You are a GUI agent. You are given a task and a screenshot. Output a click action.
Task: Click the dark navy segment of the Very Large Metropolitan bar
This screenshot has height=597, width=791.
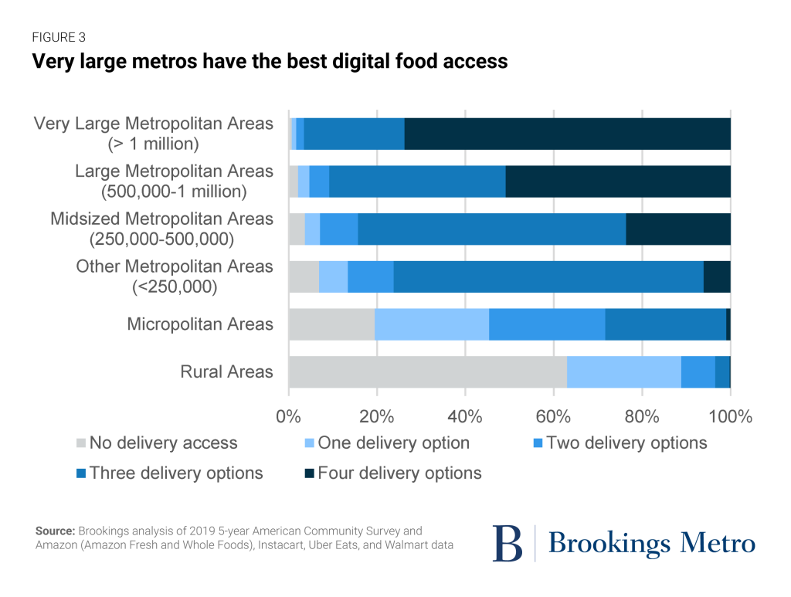[567, 134]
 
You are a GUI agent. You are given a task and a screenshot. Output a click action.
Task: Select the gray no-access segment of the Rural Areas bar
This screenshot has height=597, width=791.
[427, 372]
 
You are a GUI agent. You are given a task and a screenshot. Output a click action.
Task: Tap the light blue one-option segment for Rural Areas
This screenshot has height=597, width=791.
[624, 372]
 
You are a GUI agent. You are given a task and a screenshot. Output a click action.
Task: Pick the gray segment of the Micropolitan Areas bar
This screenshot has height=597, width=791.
[331, 324]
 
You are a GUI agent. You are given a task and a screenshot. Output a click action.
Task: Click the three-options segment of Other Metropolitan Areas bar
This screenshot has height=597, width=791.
[548, 276]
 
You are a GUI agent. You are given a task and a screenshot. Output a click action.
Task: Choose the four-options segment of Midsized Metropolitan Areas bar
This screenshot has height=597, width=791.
[678, 229]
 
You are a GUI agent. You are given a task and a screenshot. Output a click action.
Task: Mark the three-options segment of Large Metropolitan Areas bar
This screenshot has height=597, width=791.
[417, 181]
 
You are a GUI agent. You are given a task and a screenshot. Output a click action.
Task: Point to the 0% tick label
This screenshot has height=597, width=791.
[288, 417]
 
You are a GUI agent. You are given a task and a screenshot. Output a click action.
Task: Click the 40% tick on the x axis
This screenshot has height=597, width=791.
[465, 417]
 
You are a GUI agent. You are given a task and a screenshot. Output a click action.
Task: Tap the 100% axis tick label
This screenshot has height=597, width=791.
[730, 417]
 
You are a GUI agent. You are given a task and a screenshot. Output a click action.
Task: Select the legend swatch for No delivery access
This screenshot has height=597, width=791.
[80, 443]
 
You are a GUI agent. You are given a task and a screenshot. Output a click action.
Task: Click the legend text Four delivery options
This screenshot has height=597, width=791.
[399, 473]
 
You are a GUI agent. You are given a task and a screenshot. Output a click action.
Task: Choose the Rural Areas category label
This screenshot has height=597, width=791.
[226, 371]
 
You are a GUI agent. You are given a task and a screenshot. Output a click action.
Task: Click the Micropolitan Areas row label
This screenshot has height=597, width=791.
[200, 324]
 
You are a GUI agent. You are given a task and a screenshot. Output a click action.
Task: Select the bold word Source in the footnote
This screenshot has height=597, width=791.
[54, 531]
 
